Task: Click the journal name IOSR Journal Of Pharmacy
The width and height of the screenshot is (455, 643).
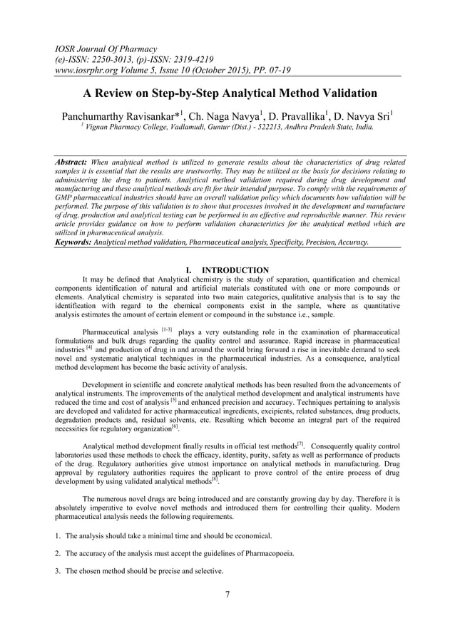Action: pyautogui.click(x=106, y=49)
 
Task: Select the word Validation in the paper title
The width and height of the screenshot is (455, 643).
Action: pyautogui.click(x=341, y=93)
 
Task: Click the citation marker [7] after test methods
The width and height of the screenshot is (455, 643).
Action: pyautogui.click(x=300, y=444)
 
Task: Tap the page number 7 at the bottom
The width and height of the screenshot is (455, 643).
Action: pyautogui.click(x=227, y=595)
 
